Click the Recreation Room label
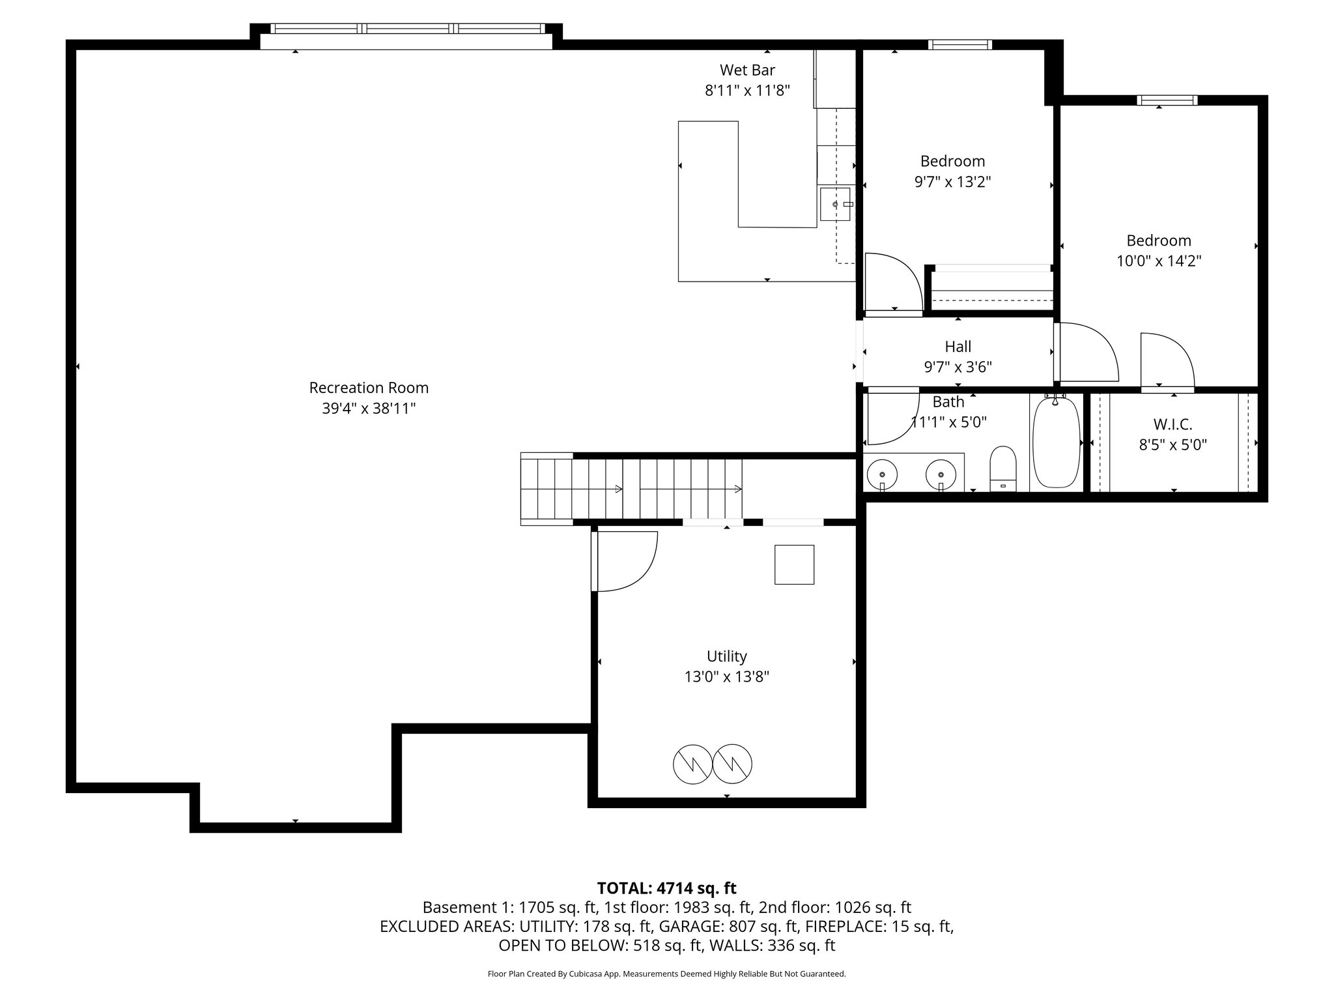(369, 388)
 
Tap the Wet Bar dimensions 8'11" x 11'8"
(747, 91)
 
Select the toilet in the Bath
(1003, 468)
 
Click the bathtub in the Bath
(1056, 442)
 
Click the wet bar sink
(836, 204)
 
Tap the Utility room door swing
(625, 560)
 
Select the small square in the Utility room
(794, 564)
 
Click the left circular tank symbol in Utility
(692, 764)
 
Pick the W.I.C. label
(1172, 424)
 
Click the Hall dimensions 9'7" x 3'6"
(958, 367)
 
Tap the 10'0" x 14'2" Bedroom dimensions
(1159, 261)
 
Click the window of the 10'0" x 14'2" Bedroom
(1167, 100)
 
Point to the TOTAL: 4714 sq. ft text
(666, 888)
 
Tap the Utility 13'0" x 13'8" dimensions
(726, 677)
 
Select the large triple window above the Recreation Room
(406, 29)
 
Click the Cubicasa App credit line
(666, 974)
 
